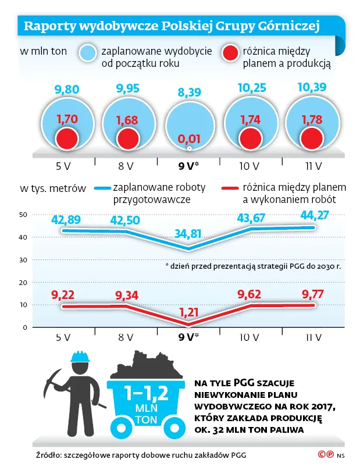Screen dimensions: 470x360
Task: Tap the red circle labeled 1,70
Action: tap(66, 138)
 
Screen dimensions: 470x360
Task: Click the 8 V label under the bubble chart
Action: tap(126, 165)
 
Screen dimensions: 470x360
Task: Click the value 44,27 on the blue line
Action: tap(312, 216)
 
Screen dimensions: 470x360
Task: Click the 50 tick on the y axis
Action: tap(23, 215)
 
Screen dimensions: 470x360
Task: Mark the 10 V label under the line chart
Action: tap(249, 337)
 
